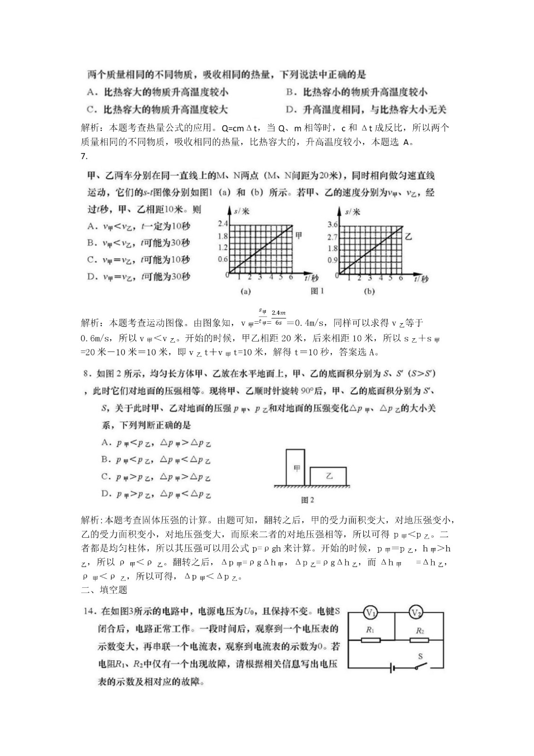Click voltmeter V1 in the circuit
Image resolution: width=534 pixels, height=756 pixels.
pyautogui.click(x=371, y=613)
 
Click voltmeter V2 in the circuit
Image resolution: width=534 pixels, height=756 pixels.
pyautogui.click(x=415, y=613)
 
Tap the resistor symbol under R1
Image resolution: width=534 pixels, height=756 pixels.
pyautogui.click(x=371, y=640)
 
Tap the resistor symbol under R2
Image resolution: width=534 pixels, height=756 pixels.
pyautogui.click(x=419, y=640)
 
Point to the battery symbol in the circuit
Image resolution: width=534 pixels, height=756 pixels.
pyautogui.click(x=392, y=669)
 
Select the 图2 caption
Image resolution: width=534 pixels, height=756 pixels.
pyautogui.click(x=307, y=499)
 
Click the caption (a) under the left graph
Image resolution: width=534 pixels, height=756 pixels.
pyautogui.click(x=246, y=292)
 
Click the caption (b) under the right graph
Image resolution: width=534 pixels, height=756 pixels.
pyautogui.click(x=369, y=292)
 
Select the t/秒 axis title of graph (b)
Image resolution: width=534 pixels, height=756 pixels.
pyautogui.click(x=420, y=279)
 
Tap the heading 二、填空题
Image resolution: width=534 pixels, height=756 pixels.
pyautogui.click(x=104, y=590)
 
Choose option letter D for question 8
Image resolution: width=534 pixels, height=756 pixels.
pyautogui.click(x=105, y=494)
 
